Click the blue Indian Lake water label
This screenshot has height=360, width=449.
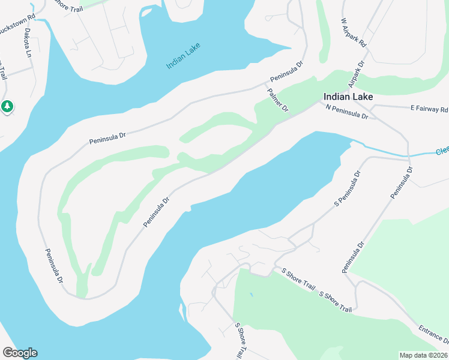(x=183, y=55)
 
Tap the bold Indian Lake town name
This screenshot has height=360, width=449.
(x=348, y=97)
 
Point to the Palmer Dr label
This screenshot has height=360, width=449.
(x=279, y=100)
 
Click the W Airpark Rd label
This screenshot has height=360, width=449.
(x=354, y=32)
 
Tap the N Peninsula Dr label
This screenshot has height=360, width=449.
(x=346, y=111)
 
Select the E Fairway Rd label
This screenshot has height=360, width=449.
(x=429, y=109)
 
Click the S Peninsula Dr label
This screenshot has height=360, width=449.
(x=348, y=188)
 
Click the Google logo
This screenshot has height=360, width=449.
(x=20, y=353)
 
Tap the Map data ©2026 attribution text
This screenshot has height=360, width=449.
(x=423, y=355)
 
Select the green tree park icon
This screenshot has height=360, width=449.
(x=7, y=107)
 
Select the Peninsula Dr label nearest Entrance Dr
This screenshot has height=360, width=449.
(x=354, y=257)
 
